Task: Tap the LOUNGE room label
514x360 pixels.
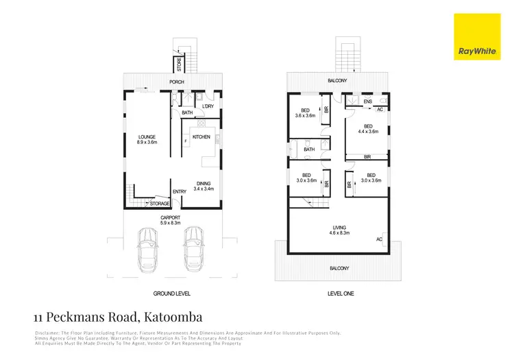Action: tap(147, 139)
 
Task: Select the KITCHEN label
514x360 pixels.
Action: tap(201, 137)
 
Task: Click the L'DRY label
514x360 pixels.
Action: tap(208, 105)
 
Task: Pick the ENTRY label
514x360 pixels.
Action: tap(180, 191)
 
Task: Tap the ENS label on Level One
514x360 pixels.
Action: tap(368, 101)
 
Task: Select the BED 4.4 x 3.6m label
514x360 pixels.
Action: tap(368, 130)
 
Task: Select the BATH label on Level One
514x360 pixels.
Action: tap(309, 149)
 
